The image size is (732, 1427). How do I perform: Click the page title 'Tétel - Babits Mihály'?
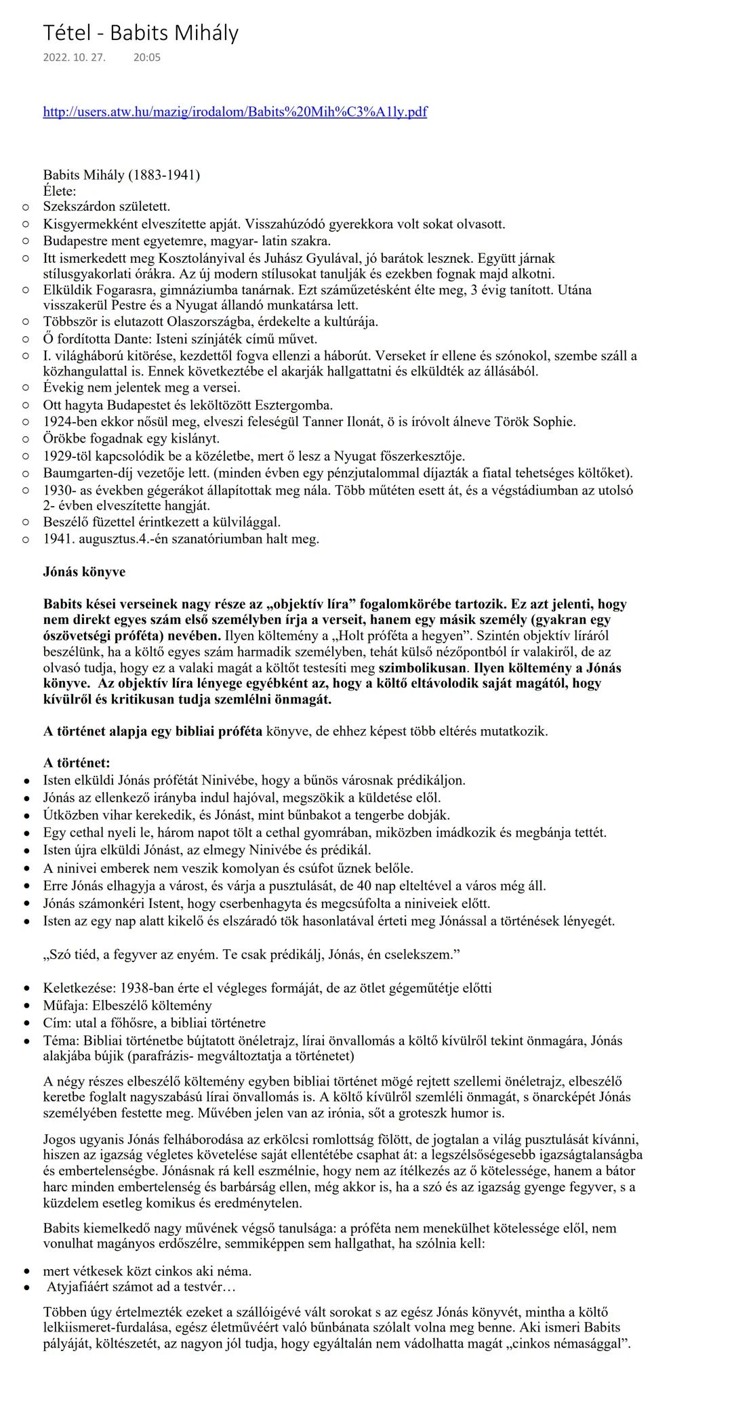(x=140, y=33)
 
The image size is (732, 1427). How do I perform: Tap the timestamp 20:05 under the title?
(x=147, y=58)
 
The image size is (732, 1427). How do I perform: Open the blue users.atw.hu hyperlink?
(x=235, y=112)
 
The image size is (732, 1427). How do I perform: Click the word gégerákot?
(x=194, y=490)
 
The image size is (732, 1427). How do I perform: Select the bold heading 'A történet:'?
(x=77, y=763)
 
